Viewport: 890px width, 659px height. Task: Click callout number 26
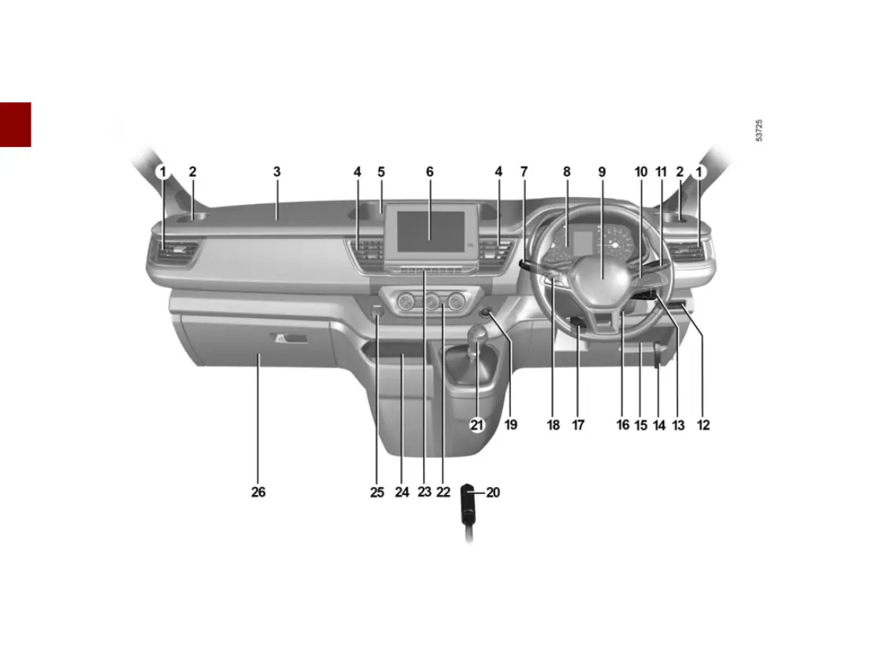pos(258,492)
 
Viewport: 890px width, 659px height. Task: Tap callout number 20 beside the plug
pos(493,492)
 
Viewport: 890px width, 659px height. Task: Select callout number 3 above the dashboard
pos(277,171)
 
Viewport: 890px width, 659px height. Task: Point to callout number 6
pos(429,171)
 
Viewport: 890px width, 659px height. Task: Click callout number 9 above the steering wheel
pos(602,171)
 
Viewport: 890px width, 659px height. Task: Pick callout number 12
pos(703,425)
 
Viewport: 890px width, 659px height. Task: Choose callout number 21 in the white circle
pos(477,425)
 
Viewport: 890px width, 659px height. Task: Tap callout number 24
pos(402,492)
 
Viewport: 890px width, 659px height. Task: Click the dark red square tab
pos(16,124)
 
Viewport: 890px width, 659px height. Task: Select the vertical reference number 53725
pos(759,130)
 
